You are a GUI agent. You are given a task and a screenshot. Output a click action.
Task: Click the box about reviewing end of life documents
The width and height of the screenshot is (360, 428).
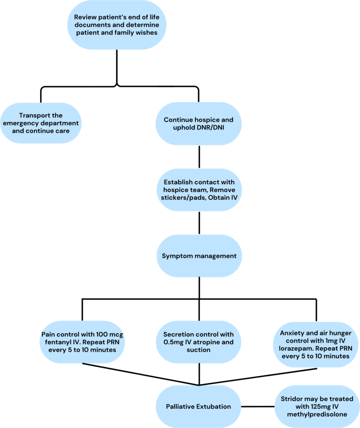[x=117, y=25]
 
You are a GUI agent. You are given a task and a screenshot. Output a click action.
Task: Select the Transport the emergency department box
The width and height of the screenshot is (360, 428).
[x=41, y=123]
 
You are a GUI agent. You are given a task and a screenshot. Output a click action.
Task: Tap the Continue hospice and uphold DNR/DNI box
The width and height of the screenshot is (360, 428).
[x=199, y=124]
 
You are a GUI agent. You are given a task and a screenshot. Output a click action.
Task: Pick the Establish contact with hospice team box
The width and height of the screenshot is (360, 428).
[x=199, y=190]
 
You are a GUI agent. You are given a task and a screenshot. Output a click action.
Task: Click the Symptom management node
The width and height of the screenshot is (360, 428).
[x=199, y=256]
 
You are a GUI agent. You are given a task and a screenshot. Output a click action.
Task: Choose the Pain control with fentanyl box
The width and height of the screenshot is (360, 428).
[x=82, y=342]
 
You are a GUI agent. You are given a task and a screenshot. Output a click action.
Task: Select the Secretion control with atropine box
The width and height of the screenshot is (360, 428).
[x=199, y=342]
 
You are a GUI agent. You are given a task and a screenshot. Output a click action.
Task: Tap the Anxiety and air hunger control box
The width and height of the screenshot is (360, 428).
[x=316, y=344]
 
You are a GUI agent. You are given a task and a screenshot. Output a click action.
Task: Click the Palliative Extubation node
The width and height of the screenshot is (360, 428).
[x=199, y=406]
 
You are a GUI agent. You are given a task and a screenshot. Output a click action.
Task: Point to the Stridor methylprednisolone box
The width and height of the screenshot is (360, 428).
[x=317, y=406]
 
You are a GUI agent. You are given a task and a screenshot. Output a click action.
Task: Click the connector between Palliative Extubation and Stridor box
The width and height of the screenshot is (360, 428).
[x=258, y=406]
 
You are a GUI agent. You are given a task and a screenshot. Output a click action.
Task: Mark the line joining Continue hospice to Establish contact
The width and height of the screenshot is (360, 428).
[x=199, y=157]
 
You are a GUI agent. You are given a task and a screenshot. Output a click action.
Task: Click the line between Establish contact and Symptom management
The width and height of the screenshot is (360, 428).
[x=199, y=223]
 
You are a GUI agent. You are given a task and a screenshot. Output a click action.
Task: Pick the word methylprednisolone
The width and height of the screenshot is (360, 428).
[x=317, y=414]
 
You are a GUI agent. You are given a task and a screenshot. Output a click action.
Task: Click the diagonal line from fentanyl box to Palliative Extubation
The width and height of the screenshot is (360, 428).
[x=140, y=374]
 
